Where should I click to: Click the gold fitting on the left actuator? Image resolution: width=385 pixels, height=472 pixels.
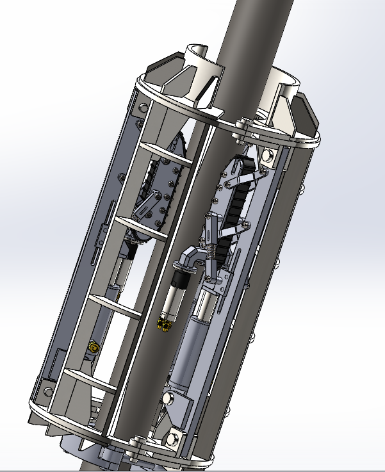[94, 347]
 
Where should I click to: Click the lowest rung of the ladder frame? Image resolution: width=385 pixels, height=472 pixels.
[84, 376]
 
